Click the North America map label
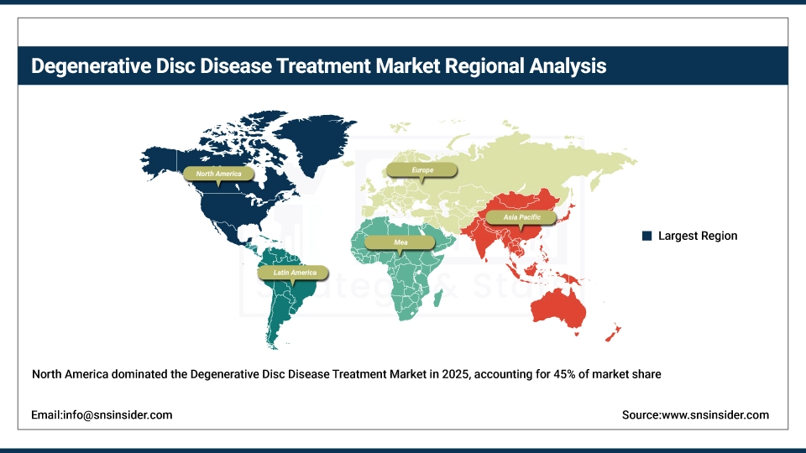pos(218,174)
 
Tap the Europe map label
pos(422,169)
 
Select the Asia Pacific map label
pos(521,217)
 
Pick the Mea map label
pos(401,242)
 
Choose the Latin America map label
pos(295,273)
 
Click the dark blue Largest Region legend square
pos(646,236)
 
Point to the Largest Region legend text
pos(698,236)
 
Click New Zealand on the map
pos(612,335)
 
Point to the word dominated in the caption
pos(125,374)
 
